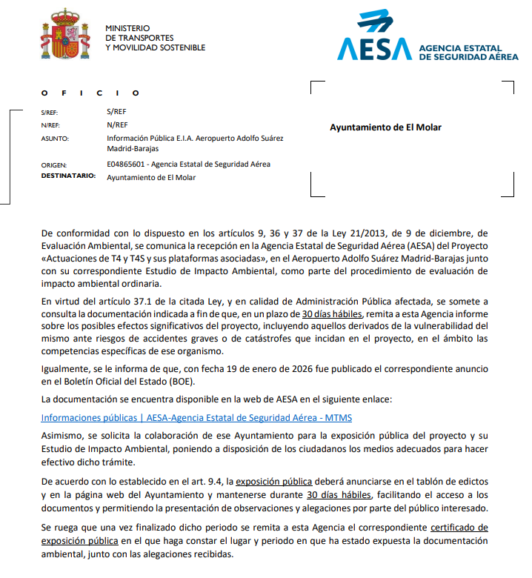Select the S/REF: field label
click(50, 112)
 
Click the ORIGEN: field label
click(54, 165)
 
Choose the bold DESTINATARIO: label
click(69, 177)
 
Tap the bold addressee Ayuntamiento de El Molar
click(385, 127)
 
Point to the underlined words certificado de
click(459, 527)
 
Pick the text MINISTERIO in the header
click(127, 28)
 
